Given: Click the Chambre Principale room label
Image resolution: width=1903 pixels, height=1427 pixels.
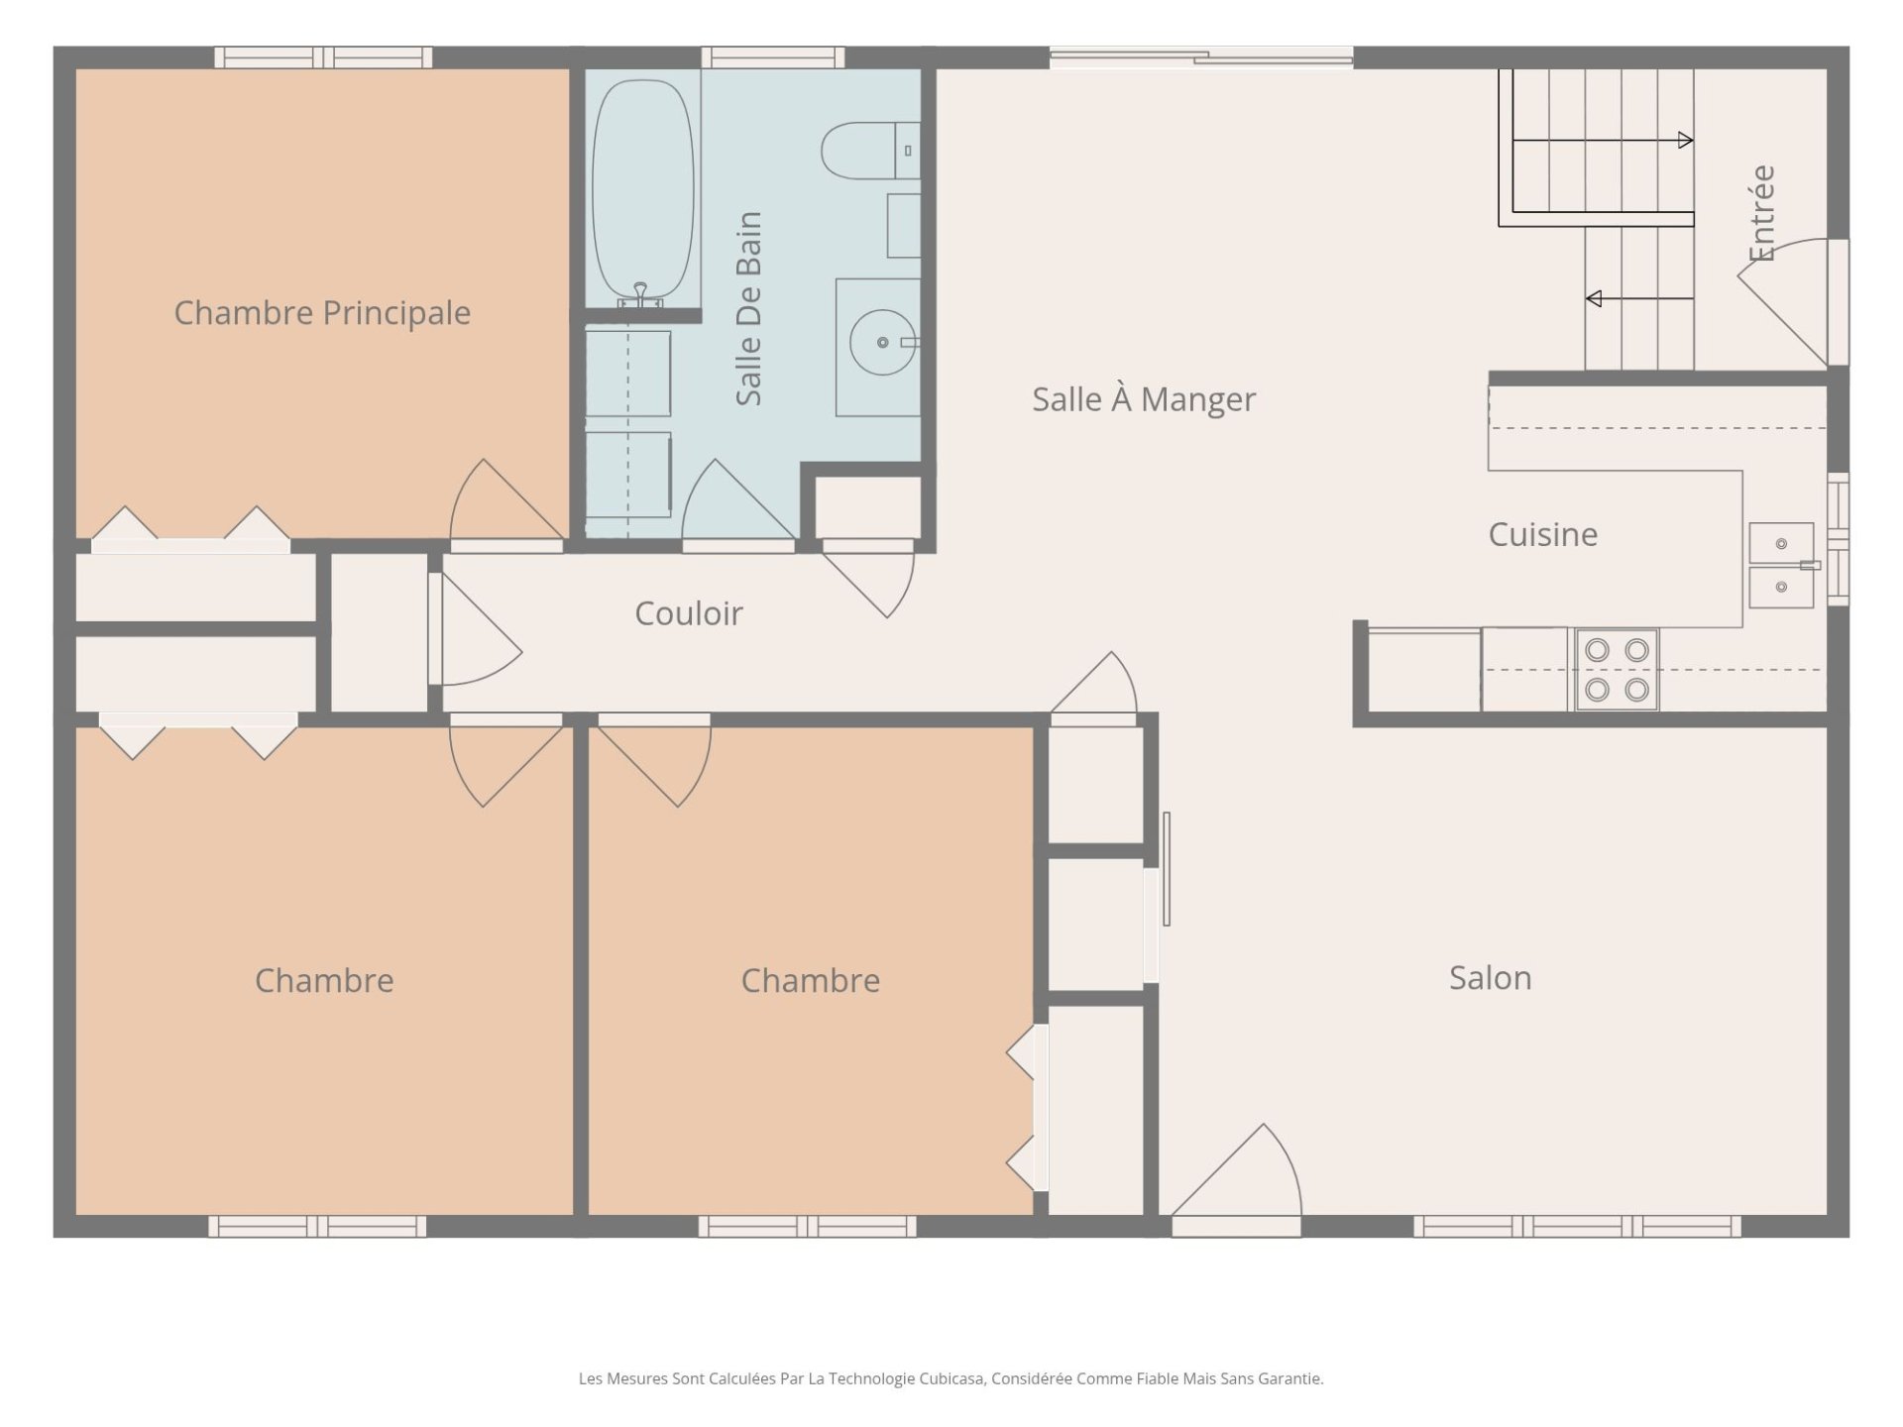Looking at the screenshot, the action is [322, 313].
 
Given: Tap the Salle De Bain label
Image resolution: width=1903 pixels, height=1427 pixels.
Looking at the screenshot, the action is [748, 308].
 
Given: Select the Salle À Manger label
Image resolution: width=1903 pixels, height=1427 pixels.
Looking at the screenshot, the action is [1144, 399].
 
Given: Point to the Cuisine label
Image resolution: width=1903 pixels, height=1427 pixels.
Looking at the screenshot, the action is [1543, 534].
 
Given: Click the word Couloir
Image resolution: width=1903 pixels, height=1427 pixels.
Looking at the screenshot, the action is [689, 613].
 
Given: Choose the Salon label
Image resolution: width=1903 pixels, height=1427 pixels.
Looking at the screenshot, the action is [1490, 978].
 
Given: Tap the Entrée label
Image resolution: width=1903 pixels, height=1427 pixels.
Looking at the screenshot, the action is [1761, 213].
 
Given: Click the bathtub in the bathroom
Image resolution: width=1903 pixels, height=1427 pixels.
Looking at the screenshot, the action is [643, 192].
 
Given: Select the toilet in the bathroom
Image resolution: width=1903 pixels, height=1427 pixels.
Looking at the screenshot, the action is [871, 151].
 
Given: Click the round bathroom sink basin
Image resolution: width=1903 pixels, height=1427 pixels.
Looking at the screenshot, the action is [882, 343].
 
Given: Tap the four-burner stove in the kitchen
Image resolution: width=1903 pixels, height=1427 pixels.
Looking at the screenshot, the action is [1617, 669].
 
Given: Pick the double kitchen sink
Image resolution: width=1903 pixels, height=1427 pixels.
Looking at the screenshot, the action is [1781, 565].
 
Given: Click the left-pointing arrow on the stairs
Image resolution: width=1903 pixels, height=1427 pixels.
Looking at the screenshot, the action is [1639, 298].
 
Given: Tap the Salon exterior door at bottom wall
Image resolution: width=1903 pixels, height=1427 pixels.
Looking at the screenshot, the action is [1236, 1179].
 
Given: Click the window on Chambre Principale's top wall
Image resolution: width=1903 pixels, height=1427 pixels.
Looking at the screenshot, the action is [323, 57].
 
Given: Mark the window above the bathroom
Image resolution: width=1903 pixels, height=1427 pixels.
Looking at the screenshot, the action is [773, 57].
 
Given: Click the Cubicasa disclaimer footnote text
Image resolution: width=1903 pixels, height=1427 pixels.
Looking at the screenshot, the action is [951, 1378].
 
